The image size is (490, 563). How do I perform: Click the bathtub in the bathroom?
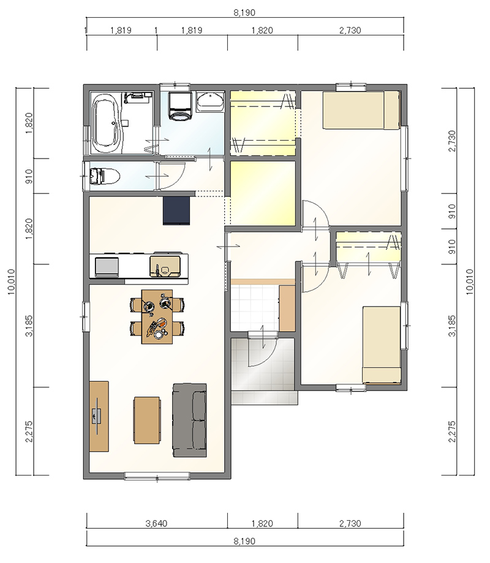pos(107,123)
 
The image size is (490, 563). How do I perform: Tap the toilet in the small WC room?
pos(104,176)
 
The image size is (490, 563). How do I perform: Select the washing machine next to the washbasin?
pos(179,105)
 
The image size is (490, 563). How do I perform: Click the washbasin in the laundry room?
pos(210,101)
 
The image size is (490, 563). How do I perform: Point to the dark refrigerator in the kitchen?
pos(176,211)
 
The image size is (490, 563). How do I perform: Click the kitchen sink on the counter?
pos(165,266)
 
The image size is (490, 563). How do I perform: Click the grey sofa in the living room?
pos(190,420)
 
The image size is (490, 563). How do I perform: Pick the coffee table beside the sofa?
pos(147,420)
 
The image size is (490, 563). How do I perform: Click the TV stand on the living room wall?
pos(99,416)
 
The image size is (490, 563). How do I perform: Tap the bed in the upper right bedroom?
pos(361,110)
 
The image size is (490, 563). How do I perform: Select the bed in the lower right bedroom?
pos(382,345)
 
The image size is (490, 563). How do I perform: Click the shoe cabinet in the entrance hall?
pos(287,308)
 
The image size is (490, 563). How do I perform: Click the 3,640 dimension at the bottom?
pos(156,523)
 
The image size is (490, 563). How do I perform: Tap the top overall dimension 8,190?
pos(244,13)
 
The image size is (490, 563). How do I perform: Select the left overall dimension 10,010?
pos(11,281)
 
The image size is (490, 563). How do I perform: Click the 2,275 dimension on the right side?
pos(452,431)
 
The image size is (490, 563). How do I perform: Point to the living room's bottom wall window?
pos(157,476)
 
